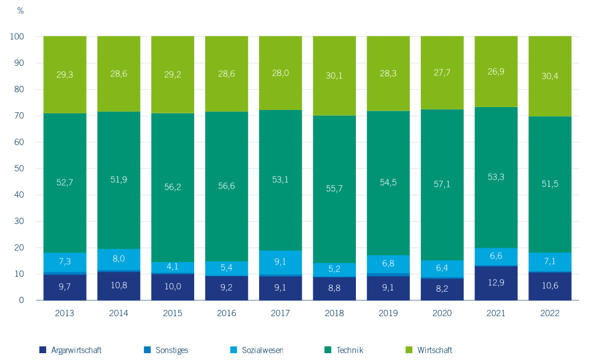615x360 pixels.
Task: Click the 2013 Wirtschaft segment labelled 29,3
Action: point(64,75)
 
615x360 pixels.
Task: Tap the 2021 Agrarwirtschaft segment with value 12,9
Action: point(496,283)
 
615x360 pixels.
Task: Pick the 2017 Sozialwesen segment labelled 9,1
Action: point(280,263)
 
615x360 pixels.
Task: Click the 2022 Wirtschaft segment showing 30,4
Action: point(550,76)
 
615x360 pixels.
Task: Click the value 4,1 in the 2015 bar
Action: point(173,267)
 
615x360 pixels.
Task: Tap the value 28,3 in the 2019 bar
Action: point(388,73)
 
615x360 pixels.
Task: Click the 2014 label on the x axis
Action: point(118,313)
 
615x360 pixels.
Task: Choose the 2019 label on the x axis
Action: point(388,313)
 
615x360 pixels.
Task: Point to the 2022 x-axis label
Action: point(550,313)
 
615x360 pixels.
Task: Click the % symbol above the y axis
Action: point(21,11)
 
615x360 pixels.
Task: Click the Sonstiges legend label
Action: point(172,350)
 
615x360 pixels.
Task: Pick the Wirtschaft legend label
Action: point(434,350)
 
